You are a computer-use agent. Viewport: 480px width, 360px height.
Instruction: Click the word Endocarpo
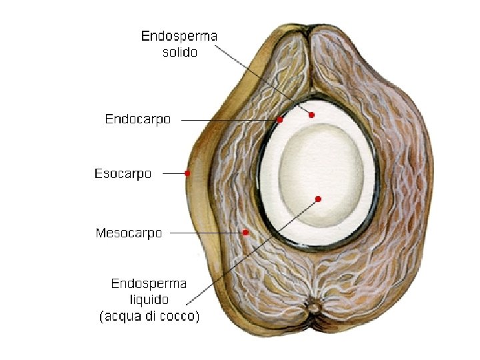click(138, 119)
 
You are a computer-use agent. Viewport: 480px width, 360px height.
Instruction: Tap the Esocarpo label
click(123, 174)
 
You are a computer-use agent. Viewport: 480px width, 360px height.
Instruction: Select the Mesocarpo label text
click(129, 233)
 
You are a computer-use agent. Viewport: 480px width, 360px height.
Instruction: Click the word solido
click(180, 52)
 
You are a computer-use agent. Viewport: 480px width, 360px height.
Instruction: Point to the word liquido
click(149, 300)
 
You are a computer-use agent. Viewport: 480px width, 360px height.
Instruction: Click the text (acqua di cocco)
click(149, 317)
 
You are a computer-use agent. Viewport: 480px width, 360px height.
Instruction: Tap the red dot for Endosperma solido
click(311, 115)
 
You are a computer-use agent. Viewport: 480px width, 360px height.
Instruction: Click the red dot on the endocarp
click(280, 120)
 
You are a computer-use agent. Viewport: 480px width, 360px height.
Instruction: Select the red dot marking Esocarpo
click(187, 173)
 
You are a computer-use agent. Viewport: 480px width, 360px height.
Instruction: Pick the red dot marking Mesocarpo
click(246, 233)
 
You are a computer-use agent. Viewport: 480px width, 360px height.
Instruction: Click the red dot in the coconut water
click(318, 199)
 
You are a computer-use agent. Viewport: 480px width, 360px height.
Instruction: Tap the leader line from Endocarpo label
click(227, 120)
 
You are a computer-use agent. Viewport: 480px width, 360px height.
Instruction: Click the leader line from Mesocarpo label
click(207, 233)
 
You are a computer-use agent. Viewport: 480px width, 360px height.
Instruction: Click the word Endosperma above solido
click(179, 36)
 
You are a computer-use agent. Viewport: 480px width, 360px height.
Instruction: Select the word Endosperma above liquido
click(149, 284)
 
